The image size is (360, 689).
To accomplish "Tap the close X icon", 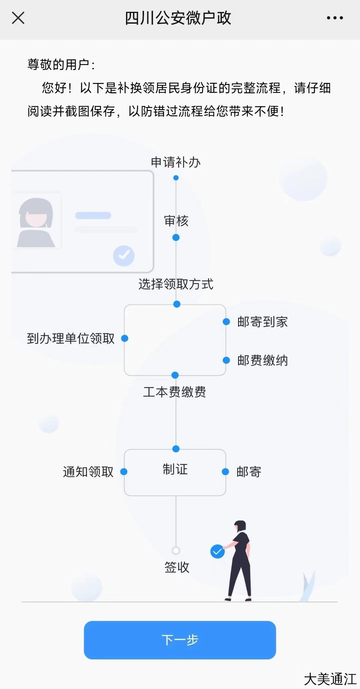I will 18,18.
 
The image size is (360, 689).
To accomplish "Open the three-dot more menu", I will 335,18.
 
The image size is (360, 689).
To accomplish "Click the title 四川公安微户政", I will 178,18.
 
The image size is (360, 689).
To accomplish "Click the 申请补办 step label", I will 176,162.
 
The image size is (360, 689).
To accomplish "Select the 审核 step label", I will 176,221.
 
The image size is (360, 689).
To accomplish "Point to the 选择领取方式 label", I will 176,284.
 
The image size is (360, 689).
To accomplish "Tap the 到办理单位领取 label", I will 71,339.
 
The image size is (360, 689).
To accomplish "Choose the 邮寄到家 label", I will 262,322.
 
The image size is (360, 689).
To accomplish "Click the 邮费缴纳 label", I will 262,360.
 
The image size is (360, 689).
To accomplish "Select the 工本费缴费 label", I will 174,392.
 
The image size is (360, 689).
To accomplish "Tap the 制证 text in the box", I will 175,469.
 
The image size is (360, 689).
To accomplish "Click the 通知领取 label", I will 88,472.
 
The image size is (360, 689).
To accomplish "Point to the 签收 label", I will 177,567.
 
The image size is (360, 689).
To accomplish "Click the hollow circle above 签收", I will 176,550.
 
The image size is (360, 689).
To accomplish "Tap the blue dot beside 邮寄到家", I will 226,322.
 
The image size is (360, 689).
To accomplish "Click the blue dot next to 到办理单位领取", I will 125,339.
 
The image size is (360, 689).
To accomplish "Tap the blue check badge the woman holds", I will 217,552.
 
